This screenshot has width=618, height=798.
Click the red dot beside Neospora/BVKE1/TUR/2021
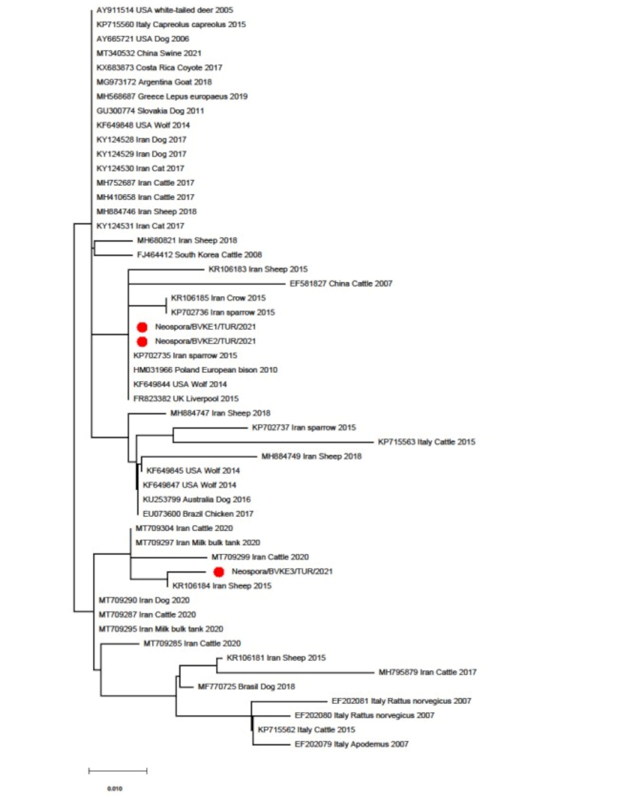[142, 327]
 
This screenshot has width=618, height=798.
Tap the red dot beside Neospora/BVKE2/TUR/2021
[142, 341]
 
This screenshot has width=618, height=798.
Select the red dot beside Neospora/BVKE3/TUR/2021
[219, 572]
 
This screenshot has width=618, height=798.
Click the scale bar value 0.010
[115, 788]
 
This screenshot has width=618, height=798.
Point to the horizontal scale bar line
[118, 771]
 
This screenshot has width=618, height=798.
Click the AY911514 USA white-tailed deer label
[165, 10]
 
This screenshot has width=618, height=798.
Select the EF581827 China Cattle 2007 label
[341, 284]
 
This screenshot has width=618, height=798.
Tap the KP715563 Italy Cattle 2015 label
[427, 442]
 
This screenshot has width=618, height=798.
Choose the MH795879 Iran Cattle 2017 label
[427, 672]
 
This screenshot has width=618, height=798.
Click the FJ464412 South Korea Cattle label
[199, 255]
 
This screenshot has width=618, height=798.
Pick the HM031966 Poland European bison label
[205, 370]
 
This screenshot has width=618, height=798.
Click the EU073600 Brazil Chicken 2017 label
[198, 514]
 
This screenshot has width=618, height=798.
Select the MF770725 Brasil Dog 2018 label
[246, 687]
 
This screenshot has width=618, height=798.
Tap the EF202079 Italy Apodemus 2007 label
[351, 744]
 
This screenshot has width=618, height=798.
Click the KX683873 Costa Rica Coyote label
[159, 68]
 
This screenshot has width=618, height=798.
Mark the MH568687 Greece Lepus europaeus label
[172, 96]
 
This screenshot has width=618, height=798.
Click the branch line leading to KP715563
[273, 442]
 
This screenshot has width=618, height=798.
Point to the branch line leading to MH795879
[295, 672]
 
